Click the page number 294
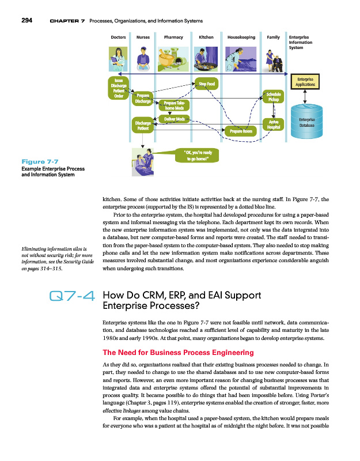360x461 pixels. click(26, 21)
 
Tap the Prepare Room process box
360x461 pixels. click(241, 131)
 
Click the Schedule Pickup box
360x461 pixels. click(274, 97)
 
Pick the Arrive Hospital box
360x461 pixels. click(274, 124)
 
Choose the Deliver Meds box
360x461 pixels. click(175, 119)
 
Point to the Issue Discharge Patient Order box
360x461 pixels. click(119, 88)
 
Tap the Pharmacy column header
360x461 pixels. click(173, 37)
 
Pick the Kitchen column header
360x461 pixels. click(206, 37)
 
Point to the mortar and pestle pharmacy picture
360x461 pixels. click(173, 58)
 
